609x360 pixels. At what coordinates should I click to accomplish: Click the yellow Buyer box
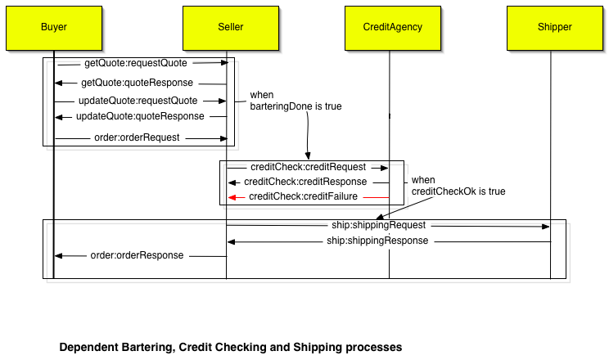pyautogui.click(x=54, y=27)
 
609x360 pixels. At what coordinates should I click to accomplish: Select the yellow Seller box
pyautogui.click(x=230, y=27)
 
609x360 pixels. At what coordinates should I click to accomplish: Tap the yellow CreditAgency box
pyautogui.click(x=392, y=27)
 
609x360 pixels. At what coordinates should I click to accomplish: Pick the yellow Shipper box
pyautogui.click(x=554, y=27)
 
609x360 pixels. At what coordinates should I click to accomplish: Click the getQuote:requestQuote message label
pyautogui.click(x=135, y=63)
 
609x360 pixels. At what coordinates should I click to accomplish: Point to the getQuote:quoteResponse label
pyautogui.click(x=137, y=83)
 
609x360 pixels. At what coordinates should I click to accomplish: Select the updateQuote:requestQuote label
pyautogui.click(x=138, y=101)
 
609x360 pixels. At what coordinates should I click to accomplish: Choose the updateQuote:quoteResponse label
pyautogui.click(x=140, y=117)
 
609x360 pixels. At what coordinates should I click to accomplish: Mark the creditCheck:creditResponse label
pyautogui.click(x=305, y=182)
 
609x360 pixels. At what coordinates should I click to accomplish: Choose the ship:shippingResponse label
pyautogui.click(x=377, y=241)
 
